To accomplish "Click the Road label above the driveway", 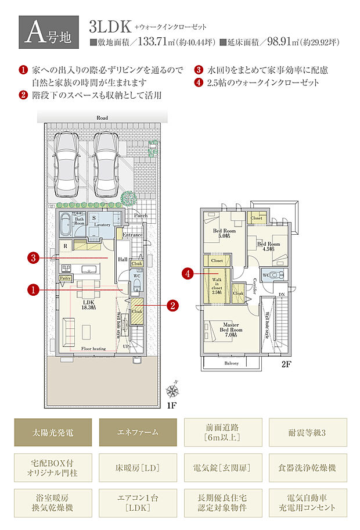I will point(102,118).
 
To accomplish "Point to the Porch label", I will point(141,215).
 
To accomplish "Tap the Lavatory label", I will point(102,224).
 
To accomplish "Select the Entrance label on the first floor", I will point(133,235).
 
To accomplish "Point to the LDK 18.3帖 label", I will point(89,305).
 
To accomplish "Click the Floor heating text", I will point(93,349).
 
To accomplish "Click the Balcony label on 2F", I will point(232,363).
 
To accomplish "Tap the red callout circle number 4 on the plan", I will point(187,273).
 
